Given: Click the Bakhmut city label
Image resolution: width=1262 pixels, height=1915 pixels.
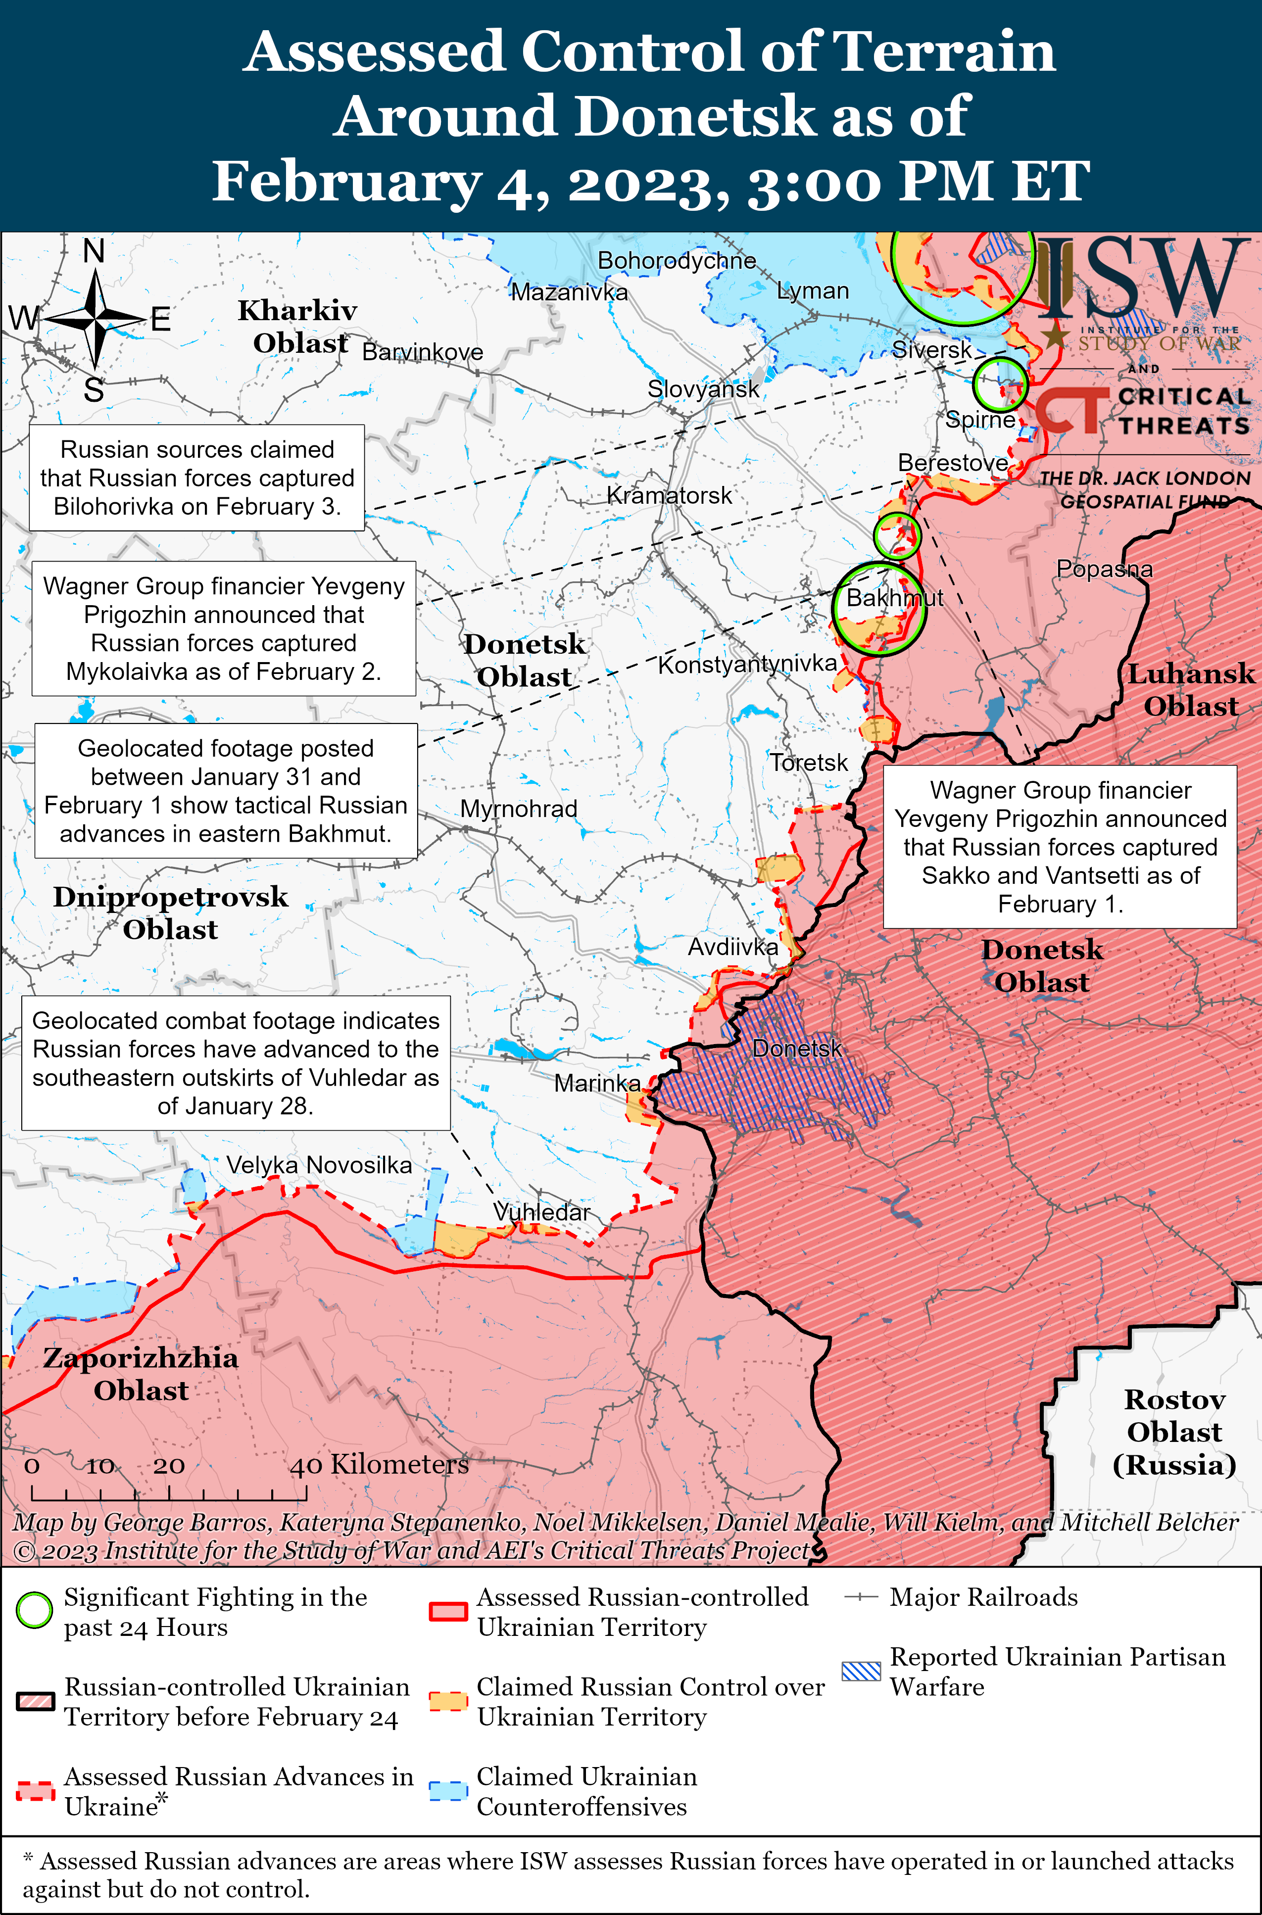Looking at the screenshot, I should coord(894,598).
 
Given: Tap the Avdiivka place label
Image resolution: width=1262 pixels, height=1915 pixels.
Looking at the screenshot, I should coord(732,947).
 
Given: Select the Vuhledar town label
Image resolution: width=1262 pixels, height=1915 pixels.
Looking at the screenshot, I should coord(541,1212).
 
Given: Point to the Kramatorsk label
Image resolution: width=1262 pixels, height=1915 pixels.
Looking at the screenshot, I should coord(669,496).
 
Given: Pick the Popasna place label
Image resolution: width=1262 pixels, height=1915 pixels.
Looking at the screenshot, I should coord(1104,569).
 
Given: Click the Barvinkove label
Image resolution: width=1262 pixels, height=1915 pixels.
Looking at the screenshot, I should coord(423,352).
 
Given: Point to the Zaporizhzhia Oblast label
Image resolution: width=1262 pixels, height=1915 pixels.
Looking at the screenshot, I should coord(141,1374).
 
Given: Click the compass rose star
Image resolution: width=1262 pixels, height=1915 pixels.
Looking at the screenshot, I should coord(95,320).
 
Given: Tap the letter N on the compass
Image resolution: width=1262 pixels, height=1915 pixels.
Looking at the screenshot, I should coord(94,252).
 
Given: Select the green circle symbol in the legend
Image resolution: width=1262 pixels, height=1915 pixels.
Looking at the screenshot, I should coord(35,1611).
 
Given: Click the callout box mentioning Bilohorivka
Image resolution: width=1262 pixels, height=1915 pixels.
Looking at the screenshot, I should coord(197,478).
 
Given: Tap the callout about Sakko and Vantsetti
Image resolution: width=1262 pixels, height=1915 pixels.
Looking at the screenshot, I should coord(1060,847).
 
